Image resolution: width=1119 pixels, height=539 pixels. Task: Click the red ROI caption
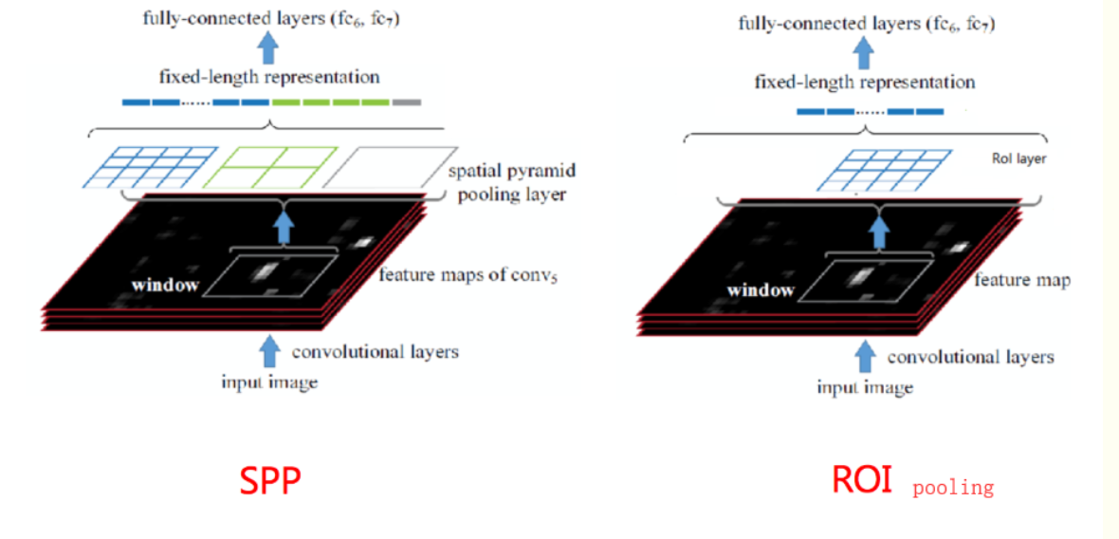(862, 479)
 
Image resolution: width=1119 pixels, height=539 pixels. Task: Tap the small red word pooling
(953, 488)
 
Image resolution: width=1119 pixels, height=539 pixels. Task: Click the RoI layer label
(1019, 159)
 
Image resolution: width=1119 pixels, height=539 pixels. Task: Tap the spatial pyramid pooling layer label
(512, 182)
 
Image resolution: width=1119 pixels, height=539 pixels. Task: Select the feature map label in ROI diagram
(1022, 281)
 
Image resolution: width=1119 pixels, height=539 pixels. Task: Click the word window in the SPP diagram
(165, 284)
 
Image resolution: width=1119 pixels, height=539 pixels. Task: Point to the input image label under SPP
(269, 382)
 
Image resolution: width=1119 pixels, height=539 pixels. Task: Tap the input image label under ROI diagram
(865, 387)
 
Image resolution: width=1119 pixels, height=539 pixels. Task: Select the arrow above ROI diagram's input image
(865, 356)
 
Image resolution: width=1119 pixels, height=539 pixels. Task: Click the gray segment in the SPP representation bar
(406, 102)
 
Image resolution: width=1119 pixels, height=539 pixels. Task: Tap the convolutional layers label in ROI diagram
(970, 358)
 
